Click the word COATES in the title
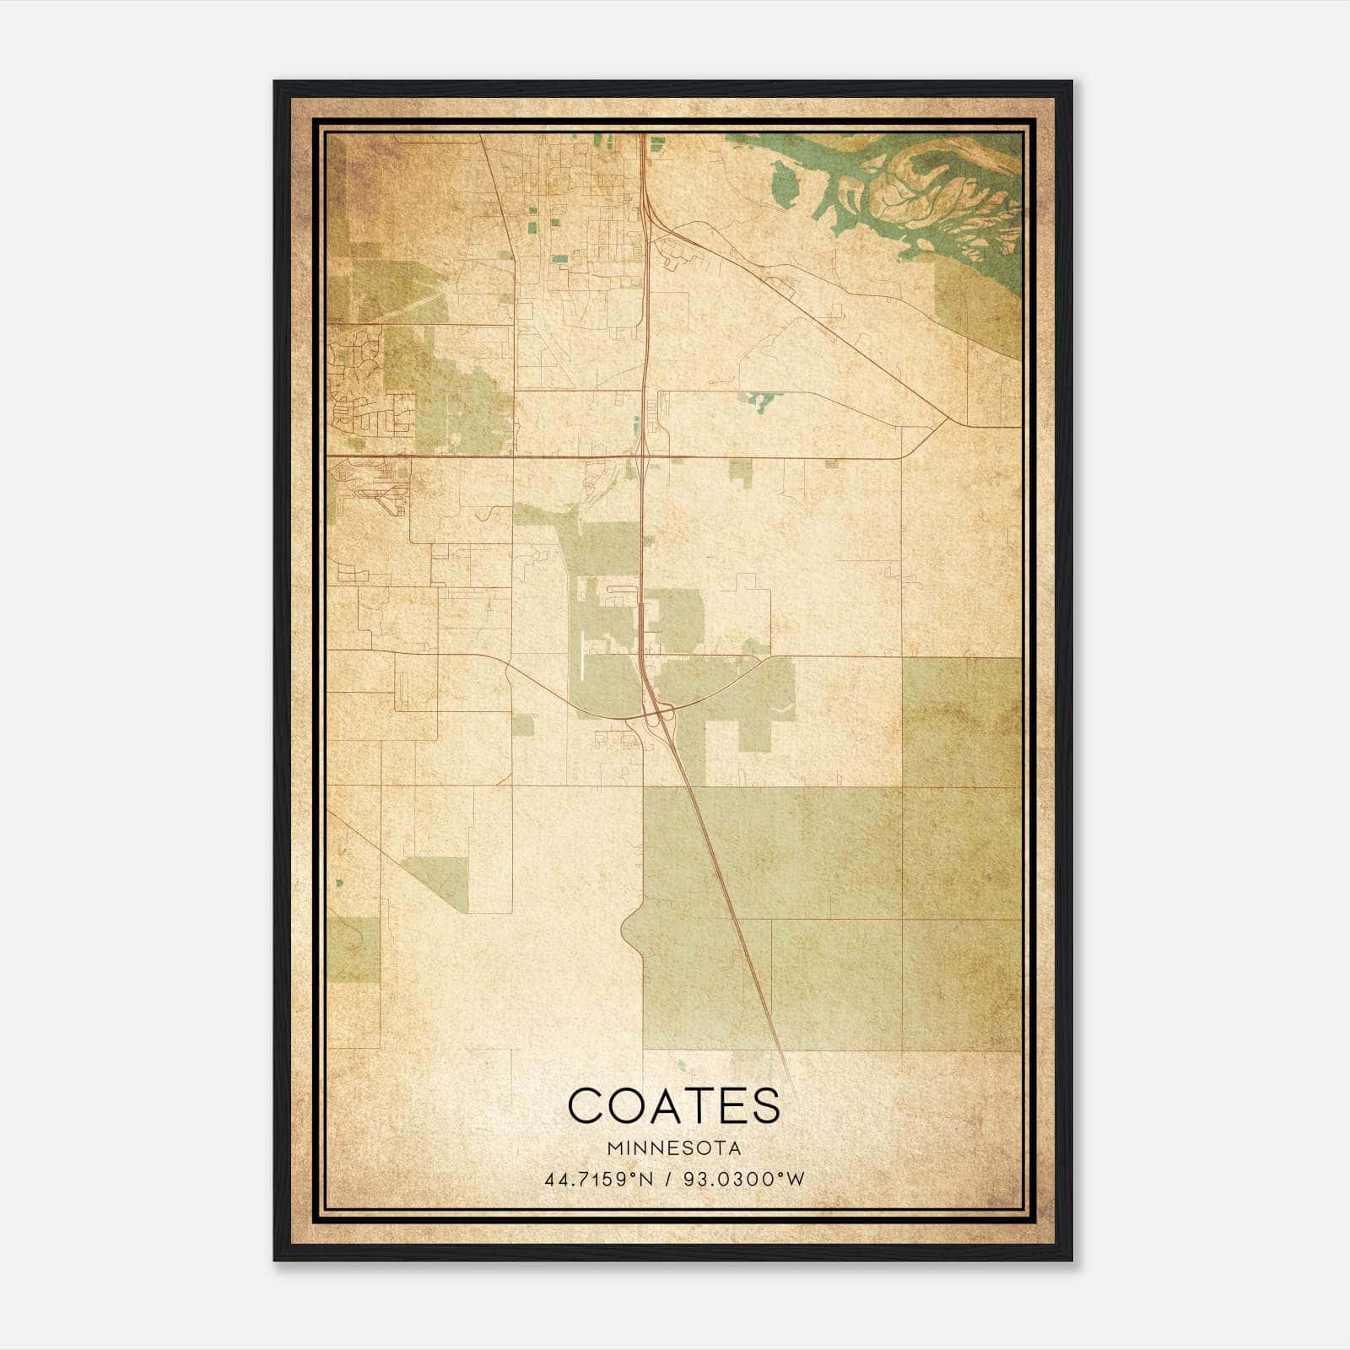click(x=674, y=1105)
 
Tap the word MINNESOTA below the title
click(x=674, y=1148)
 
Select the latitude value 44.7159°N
click(x=600, y=1179)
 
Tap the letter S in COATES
click(x=765, y=1105)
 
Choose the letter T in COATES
click(x=694, y=1105)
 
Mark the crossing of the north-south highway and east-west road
click(x=642, y=456)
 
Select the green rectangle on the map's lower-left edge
click(x=354, y=950)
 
